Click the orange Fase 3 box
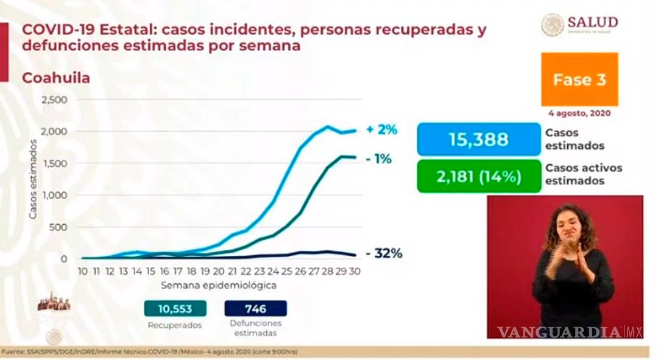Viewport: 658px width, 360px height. [x=579, y=80]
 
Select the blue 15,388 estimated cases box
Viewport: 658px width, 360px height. [x=479, y=139]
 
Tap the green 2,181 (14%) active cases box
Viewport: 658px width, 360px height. [x=479, y=177]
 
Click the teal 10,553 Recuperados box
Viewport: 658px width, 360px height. [x=175, y=309]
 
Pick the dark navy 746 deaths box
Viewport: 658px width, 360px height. [x=255, y=309]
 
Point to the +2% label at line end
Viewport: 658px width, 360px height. [x=382, y=130]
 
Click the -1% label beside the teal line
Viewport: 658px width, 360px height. [x=379, y=159]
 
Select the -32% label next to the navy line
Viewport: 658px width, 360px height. [x=384, y=254]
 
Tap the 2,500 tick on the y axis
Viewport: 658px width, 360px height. [x=54, y=99]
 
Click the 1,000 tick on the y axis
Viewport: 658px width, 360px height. [x=54, y=195]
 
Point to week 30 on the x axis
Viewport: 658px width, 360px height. [x=355, y=271]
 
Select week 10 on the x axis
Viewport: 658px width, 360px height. [x=83, y=271]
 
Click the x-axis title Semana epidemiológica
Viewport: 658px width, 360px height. [x=219, y=285]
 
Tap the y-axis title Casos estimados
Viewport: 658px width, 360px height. [x=33, y=179]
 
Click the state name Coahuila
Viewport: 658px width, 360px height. [x=56, y=78]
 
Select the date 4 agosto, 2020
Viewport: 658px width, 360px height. [x=579, y=113]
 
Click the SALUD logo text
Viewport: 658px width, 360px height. [x=592, y=23]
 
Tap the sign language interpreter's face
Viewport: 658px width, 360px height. [x=570, y=228]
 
